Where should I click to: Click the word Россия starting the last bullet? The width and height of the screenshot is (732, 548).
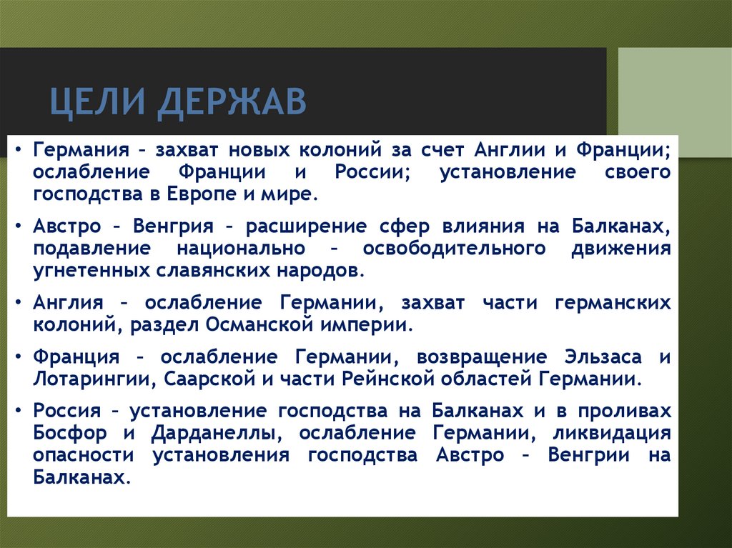pyautogui.click(x=66, y=411)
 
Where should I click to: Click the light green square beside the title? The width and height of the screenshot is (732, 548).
pyautogui.click(x=674, y=92)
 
